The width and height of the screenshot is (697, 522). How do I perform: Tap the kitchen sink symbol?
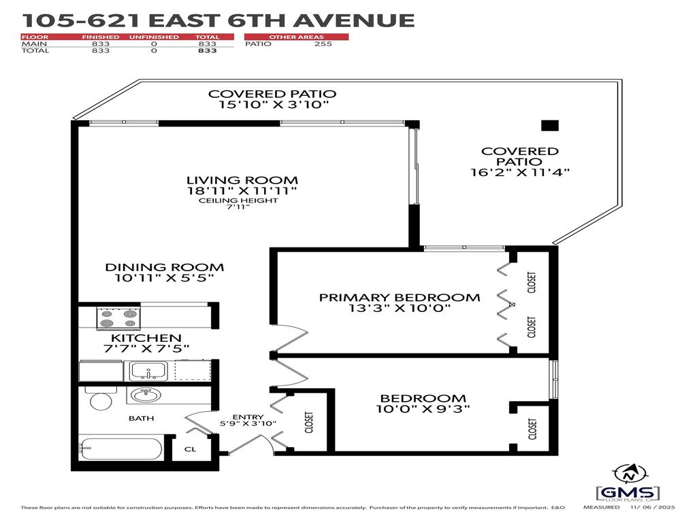[x=147, y=370]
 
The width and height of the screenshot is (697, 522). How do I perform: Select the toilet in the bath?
[x=101, y=400]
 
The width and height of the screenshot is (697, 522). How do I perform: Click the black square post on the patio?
[x=549, y=125]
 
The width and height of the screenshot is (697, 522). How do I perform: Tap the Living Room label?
[x=242, y=180]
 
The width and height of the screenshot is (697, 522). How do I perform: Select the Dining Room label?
[x=165, y=267]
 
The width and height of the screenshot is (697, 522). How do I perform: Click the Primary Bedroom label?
[x=400, y=297]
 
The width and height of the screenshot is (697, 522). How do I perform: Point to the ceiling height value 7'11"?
[x=238, y=207]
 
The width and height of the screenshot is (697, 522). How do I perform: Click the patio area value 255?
[x=323, y=44]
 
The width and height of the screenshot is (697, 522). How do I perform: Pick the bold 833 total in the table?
[x=207, y=51]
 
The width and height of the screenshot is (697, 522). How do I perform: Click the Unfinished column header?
[x=154, y=37]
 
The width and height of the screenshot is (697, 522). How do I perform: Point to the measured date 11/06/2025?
[x=654, y=508]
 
